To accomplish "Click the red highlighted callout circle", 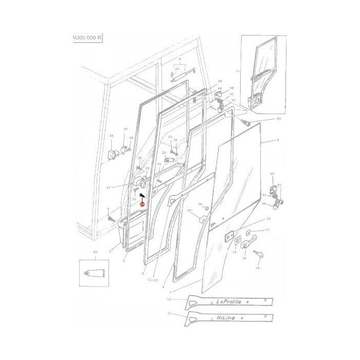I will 142,204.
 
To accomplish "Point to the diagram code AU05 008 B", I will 85,39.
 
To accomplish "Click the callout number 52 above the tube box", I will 95,252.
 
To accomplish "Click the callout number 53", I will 279,119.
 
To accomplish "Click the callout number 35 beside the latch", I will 111,136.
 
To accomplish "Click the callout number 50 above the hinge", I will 272,174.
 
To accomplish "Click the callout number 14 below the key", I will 258,268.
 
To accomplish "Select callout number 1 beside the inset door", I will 237,70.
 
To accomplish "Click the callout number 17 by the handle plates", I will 267,230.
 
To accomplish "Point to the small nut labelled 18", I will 207,208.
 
